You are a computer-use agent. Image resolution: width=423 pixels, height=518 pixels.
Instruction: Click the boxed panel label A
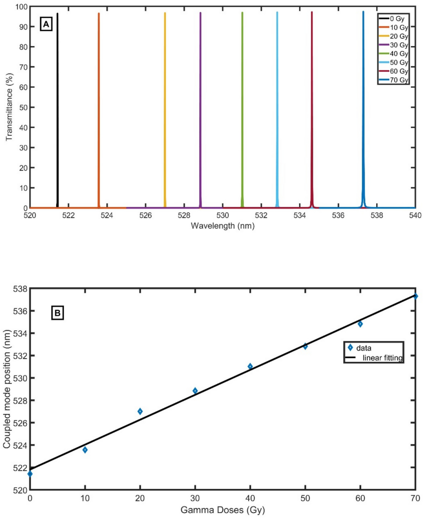(x=46, y=24)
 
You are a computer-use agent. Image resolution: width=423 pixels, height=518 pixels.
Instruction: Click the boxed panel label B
(x=57, y=313)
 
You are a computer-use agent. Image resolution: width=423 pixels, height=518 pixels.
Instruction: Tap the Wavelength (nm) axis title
(x=222, y=226)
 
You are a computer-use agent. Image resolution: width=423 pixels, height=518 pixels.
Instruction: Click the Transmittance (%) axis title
(x=9, y=107)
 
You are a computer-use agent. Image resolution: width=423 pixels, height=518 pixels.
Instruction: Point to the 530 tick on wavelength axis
(x=222, y=215)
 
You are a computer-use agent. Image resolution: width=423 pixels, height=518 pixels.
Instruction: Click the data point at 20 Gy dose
(x=140, y=411)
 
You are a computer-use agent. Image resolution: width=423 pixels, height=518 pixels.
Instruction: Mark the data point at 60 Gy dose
(x=360, y=324)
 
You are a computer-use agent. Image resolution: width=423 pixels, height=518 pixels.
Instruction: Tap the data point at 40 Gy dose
(x=250, y=366)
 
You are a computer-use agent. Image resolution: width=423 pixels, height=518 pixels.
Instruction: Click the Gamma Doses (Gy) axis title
(x=222, y=510)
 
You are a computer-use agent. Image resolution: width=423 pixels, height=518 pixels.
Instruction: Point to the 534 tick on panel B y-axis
(x=20, y=333)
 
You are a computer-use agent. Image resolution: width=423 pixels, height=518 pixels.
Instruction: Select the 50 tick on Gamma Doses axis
(x=305, y=498)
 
